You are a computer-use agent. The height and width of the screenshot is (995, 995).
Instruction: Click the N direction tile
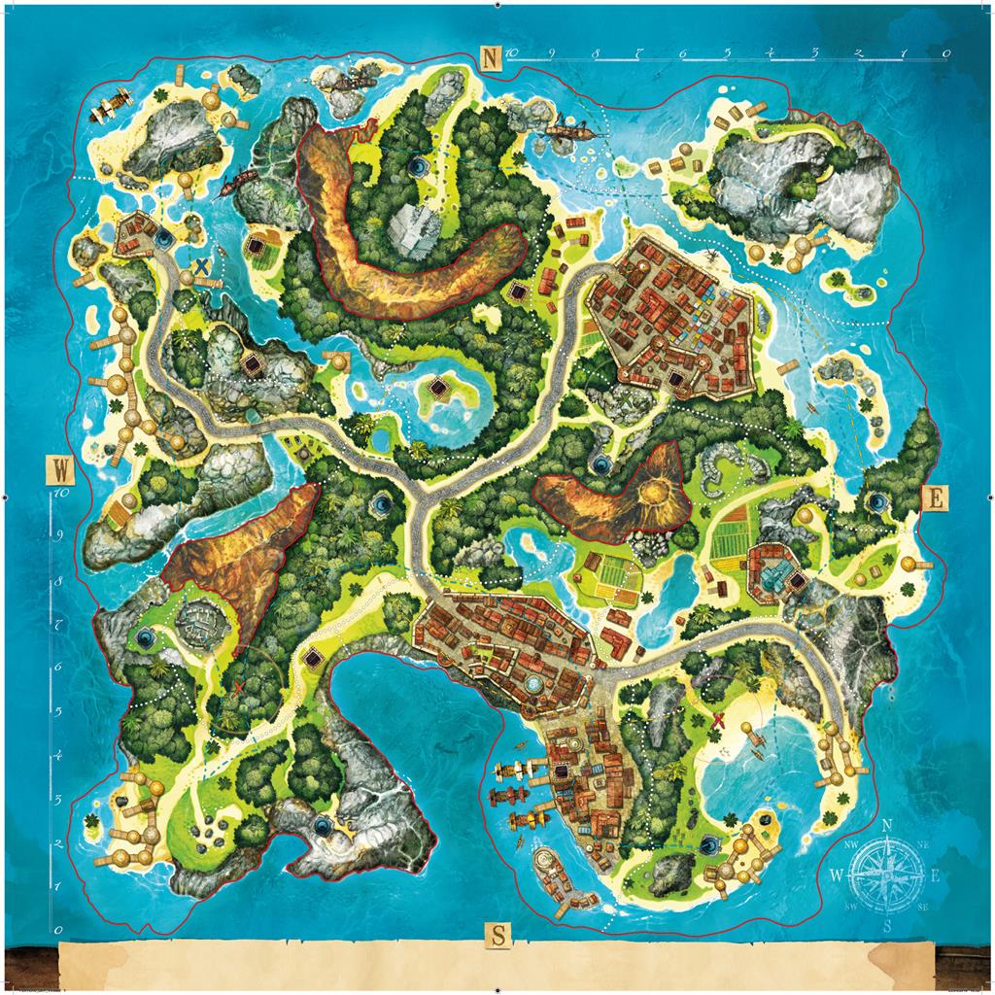click(x=493, y=58)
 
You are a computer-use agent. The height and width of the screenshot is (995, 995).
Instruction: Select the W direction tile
click(x=61, y=472)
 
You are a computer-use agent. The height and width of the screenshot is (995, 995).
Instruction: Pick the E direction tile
click(x=935, y=497)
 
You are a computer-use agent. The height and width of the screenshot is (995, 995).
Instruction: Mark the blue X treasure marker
click(x=201, y=265)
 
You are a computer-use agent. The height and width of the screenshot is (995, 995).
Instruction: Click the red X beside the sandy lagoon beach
click(x=720, y=720)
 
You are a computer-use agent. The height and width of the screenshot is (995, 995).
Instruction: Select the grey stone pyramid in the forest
click(x=410, y=229)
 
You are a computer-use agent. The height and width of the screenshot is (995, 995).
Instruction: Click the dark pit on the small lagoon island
click(x=439, y=390)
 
